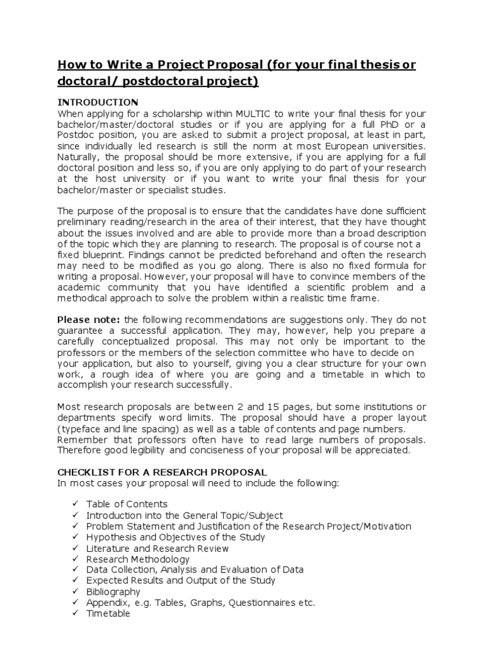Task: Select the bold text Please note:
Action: [x=89, y=319]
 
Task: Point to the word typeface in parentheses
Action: [x=81, y=429]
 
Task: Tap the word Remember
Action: [x=80, y=440]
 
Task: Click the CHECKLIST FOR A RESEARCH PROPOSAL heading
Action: [x=163, y=472]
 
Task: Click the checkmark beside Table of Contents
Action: [x=76, y=504]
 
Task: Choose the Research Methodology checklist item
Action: [x=137, y=559]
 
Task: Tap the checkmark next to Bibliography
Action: [x=76, y=591]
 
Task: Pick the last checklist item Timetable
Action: [x=108, y=613]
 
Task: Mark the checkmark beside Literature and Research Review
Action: [x=76, y=548]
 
